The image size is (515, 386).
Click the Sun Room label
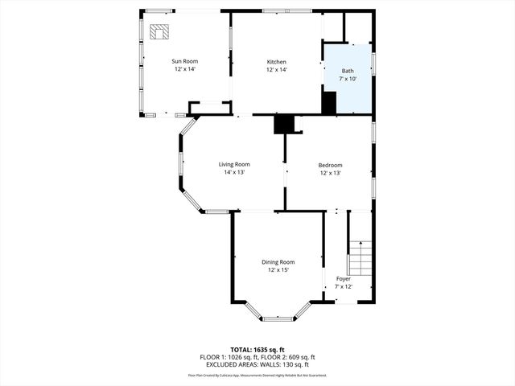coord(184,61)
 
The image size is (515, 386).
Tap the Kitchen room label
coord(277,61)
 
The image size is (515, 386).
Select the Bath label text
coord(347,71)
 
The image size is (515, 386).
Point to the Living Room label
coord(234,164)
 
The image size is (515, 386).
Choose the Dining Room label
coord(278,261)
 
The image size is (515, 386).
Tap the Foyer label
coord(343,279)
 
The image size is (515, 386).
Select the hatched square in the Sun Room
coord(159,31)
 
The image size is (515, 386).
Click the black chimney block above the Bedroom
coord(284,124)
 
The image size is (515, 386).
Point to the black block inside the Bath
coord(328,103)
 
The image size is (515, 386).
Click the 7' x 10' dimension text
coord(347,79)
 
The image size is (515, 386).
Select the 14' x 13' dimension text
coord(234,172)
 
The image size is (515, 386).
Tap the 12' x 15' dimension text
coord(278,269)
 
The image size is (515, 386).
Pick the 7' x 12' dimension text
coord(343,287)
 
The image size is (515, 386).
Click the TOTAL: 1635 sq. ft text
coord(257,350)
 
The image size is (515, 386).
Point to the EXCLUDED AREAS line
coord(257,364)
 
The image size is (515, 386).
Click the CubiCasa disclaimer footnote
coord(257,375)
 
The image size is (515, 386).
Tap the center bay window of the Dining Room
coord(278,318)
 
